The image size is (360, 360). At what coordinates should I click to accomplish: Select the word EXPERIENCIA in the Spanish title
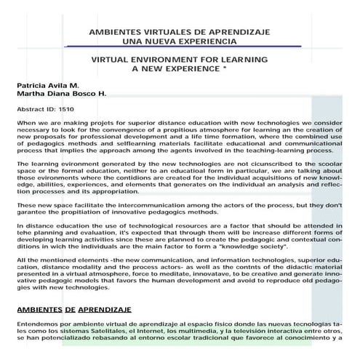[198, 42]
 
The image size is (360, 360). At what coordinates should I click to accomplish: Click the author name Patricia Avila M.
[48, 85]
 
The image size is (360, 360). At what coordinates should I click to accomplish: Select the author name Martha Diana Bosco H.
[61, 94]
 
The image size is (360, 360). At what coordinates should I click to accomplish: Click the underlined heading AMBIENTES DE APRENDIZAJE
[73, 310]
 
